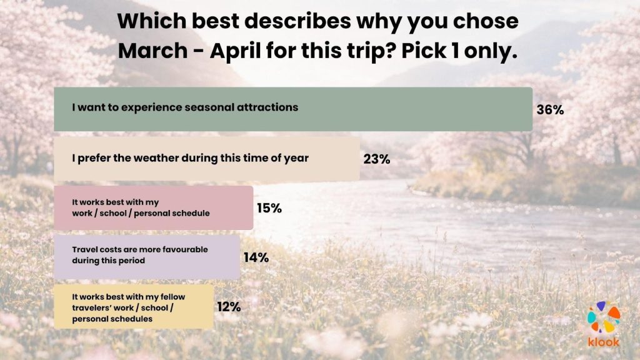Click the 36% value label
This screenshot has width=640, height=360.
tap(550, 110)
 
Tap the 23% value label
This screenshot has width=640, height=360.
tap(377, 159)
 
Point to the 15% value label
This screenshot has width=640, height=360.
tap(269, 208)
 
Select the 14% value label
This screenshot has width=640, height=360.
tap(256, 257)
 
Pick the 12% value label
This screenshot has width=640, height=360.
tap(229, 307)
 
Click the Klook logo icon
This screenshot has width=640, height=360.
tap(604, 319)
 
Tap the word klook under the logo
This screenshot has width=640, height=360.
tap(604, 342)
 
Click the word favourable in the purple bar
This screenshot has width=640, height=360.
tap(181, 249)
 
